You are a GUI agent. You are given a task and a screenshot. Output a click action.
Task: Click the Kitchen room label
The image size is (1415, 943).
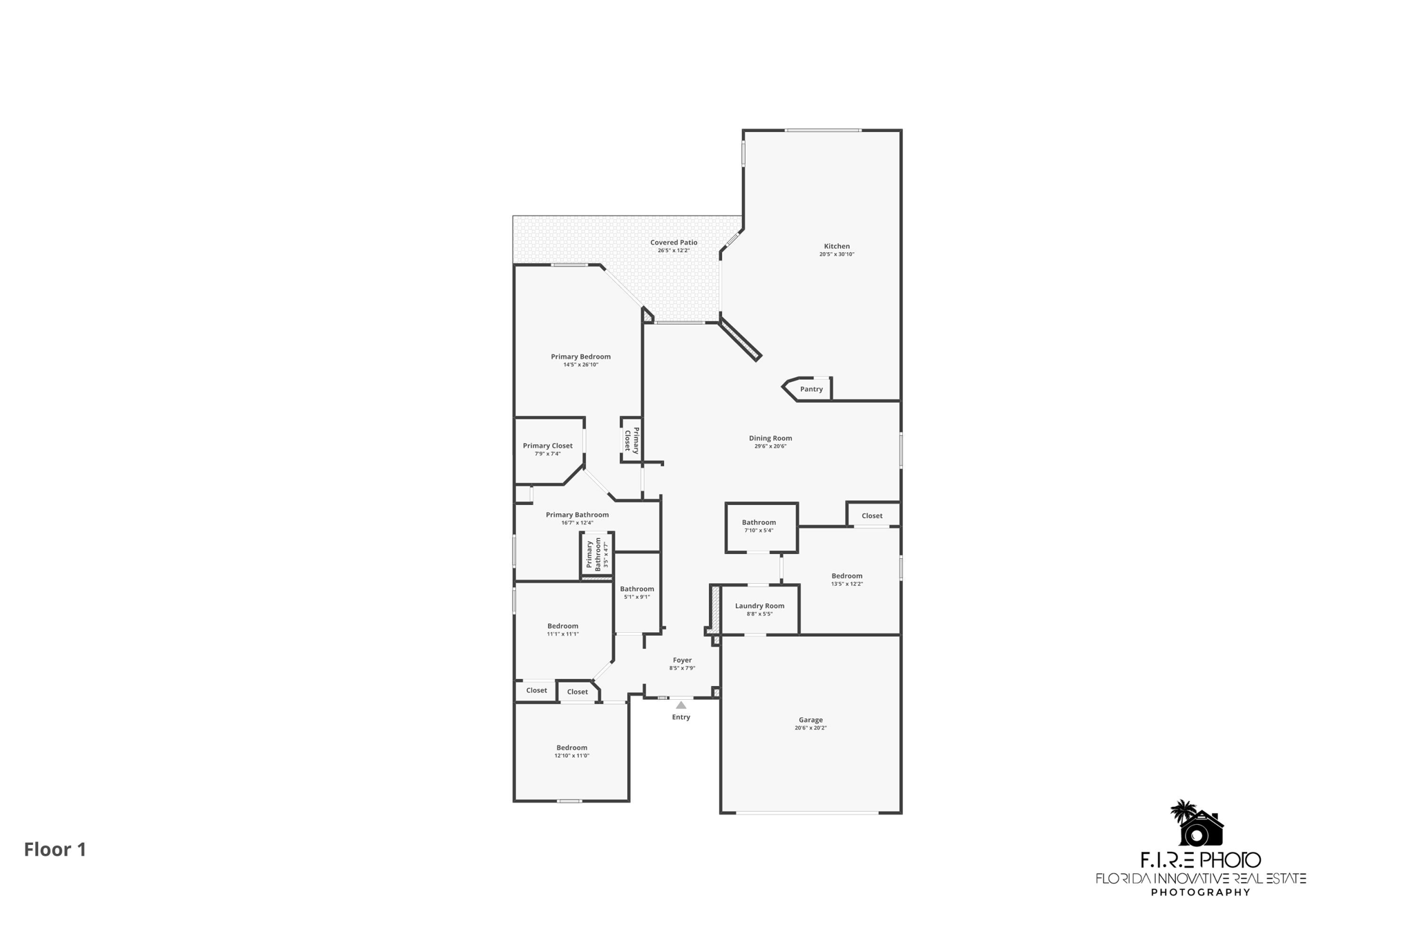[x=837, y=247]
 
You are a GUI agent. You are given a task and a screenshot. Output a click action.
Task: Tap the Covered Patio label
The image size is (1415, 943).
[x=674, y=242]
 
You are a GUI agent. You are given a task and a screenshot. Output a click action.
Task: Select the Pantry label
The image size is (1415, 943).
[x=811, y=390]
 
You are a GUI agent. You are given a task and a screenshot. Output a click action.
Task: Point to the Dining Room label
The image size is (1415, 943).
[x=770, y=438]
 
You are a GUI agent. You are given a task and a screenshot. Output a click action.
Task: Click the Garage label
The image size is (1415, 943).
[x=810, y=720]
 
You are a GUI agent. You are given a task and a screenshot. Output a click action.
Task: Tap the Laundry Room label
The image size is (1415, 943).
[x=759, y=606]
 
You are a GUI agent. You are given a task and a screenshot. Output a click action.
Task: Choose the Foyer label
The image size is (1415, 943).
[x=682, y=660]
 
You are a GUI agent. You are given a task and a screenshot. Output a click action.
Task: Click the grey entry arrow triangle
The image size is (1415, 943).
[x=681, y=705]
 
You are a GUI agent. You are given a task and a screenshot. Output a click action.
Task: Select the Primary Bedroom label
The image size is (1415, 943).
[x=580, y=357]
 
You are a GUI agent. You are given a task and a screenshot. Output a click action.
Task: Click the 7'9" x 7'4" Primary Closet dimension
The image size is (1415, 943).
[x=547, y=454]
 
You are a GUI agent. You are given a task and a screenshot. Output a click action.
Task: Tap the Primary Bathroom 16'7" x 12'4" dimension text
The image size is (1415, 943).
[x=577, y=523]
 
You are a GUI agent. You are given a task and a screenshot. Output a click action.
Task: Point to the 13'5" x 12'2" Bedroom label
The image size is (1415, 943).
[x=846, y=576]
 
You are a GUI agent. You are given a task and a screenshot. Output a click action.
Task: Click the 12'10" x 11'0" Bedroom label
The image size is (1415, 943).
[x=571, y=747]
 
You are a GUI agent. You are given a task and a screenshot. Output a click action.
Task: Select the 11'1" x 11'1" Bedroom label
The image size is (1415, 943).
[x=562, y=626]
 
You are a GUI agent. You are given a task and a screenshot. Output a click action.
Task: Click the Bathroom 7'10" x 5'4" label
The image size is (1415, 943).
[x=759, y=522]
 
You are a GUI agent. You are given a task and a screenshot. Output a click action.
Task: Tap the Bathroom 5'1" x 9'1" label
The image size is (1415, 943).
[x=636, y=589]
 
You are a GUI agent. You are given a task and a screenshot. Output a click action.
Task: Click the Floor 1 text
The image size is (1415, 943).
[x=55, y=849]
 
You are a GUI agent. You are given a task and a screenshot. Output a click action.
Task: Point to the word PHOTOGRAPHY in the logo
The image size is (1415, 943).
[x=1200, y=892]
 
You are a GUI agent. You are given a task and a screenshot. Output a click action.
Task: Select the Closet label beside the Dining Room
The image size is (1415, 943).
[x=872, y=516]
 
